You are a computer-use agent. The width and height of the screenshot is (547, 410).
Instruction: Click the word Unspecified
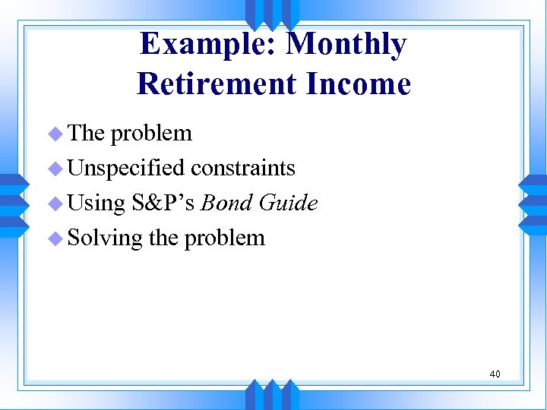(126, 168)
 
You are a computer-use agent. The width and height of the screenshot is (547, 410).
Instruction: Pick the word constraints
(243, 168)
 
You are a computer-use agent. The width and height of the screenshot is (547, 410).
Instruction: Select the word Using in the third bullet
(96, 203)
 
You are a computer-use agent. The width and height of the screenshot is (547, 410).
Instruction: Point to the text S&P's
(163, 203)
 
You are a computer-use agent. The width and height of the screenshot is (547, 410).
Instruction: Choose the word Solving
(105, 238)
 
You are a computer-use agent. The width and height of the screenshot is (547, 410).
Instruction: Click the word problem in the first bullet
(151, 134)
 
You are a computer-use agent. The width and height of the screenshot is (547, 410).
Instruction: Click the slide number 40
(495, 374)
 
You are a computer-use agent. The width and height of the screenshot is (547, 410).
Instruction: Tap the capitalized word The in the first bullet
(86, 133)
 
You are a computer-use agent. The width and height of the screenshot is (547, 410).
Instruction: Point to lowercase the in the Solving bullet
(163, 238)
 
